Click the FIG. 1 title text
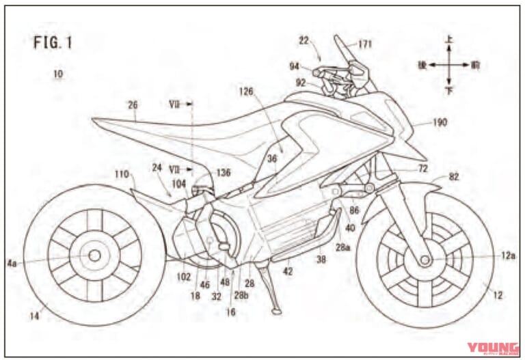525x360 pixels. tap(52, 42)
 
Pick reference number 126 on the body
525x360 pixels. tap(247, 91)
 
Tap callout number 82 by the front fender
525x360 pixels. tap(454, 176)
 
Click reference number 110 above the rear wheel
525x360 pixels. tap(121, 175)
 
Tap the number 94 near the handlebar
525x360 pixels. tap(295, 66)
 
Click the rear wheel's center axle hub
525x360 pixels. tap(94, 255)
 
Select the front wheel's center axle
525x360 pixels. tap(425, 260)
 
